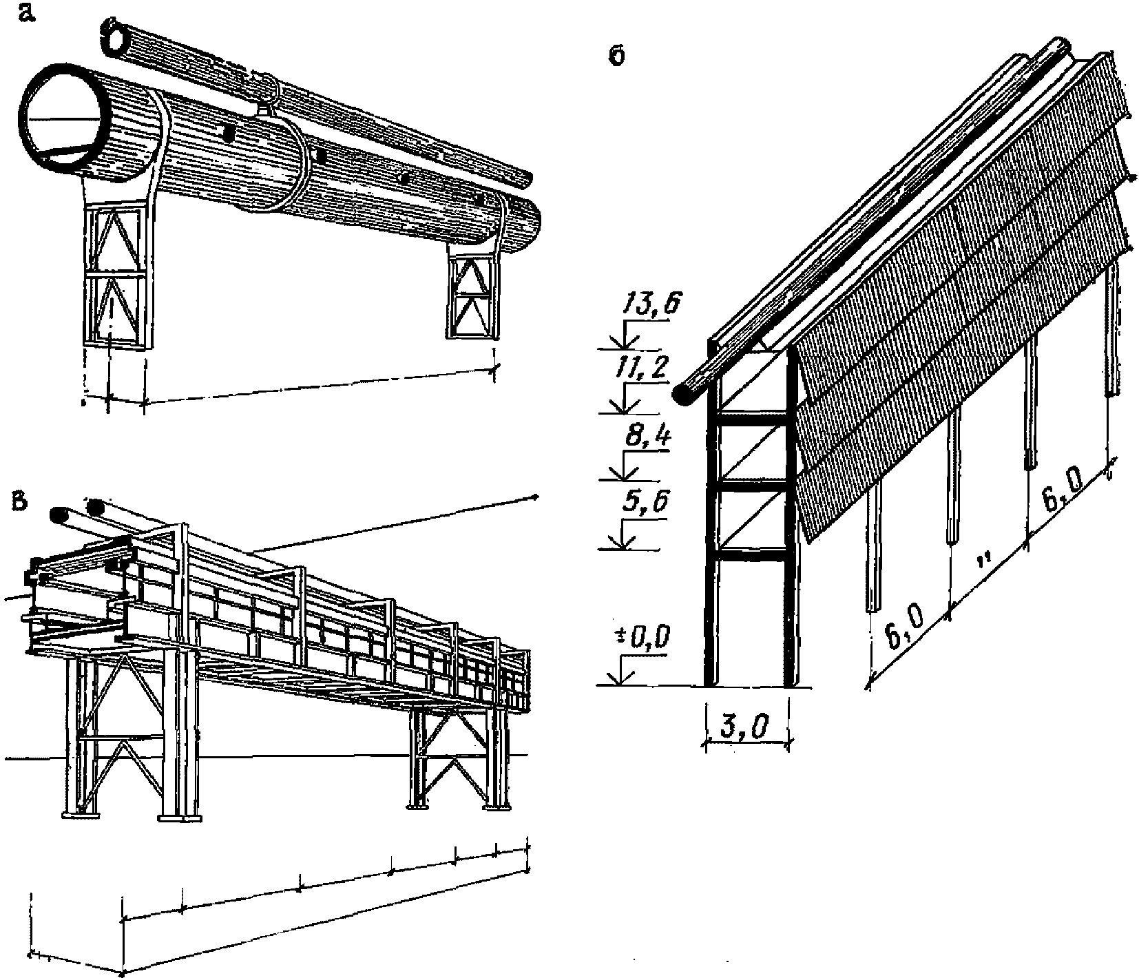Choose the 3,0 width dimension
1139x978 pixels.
(x=747, y=727)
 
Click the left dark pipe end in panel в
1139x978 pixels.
(x=59, y=514)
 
